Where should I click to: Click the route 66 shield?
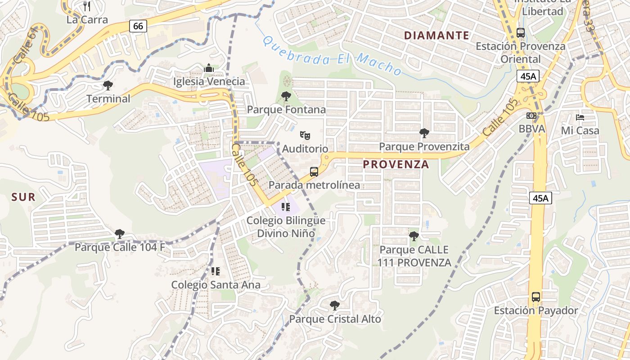coord(138,26)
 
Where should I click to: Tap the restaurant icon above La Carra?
coord(87,6)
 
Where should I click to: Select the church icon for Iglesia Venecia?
coord(209,68)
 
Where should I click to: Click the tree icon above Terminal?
coord(108,85)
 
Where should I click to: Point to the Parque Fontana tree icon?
coord(286,96)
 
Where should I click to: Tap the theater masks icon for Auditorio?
coord(305,135)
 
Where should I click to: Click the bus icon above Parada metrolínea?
coord(314,171)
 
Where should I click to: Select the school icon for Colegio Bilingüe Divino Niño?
coord(285,207)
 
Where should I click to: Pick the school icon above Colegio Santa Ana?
coord(216,271)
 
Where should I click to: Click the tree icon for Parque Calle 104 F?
coord(120,234)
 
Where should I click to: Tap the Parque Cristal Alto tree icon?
coord(335,306)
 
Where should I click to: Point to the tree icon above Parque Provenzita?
coord(424,133)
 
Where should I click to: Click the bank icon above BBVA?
coord(531,116)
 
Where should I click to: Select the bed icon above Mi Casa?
coord(580,117)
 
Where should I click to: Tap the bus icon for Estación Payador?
coord(536,297)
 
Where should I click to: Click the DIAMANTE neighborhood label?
coord(436,35)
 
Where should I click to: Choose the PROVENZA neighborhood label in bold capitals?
coord(396,165)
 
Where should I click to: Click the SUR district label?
coord(23,197)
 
